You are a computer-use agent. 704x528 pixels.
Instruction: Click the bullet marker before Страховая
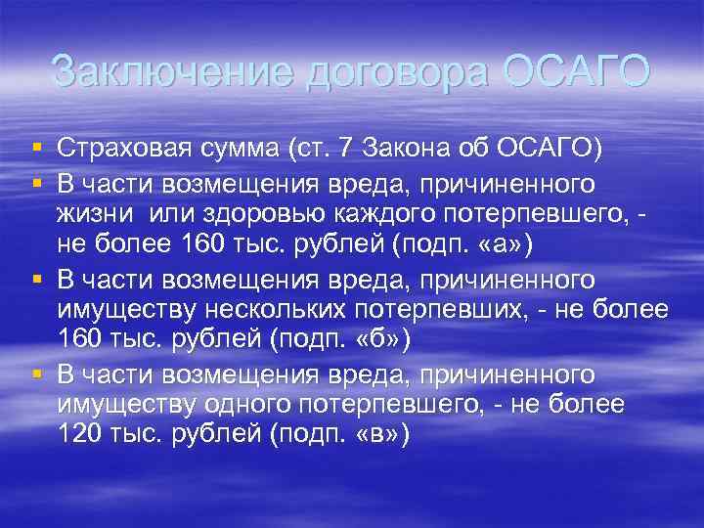(x=36, y=148)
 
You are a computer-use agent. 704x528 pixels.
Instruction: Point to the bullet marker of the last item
(x=36, y=374)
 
